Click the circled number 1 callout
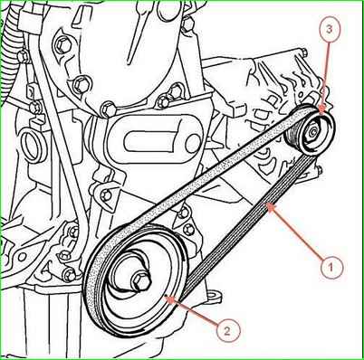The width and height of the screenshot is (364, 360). [331, 267]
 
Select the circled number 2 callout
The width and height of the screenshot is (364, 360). [227, 331]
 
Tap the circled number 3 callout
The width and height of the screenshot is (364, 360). [329, 29]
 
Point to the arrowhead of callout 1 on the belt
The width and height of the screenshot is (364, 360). [268, 206]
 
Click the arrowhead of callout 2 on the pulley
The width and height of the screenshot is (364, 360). [169, 299]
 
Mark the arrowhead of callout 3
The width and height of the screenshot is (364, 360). [322, 109]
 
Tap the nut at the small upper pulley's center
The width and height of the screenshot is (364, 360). [312, 132]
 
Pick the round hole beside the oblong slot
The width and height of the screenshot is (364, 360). [194, 143]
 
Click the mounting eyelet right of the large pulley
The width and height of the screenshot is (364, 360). [215, 295]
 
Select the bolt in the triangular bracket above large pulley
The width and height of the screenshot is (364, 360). [106, 195]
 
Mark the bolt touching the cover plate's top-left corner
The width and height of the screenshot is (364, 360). [108, 109]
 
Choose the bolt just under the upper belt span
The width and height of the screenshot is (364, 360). [184, 213]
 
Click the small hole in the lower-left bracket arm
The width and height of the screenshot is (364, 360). [22, 257]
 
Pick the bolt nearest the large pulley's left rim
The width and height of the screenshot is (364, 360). [70, 274]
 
